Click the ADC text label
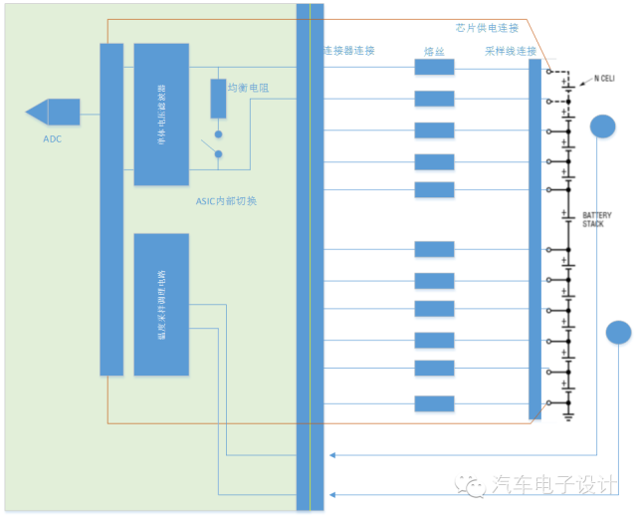coord(52,138)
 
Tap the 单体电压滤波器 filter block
coord(161,114)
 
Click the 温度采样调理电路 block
coord(161,304)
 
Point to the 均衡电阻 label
coord(249,89)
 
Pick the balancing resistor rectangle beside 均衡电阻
coord(218,98)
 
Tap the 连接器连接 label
coord(349,51)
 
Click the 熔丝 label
coord(433,51)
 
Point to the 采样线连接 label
coord(511,51)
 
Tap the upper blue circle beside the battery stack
coord(603,127)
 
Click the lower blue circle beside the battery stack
coord(618,333)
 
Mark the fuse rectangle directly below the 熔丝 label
coord(434,68)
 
